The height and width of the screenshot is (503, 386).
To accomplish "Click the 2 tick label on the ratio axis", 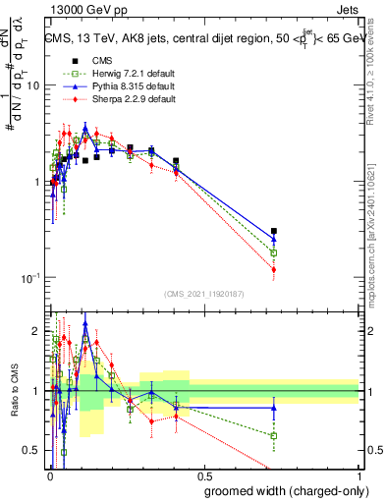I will pyautogui.click(x=37, y=329).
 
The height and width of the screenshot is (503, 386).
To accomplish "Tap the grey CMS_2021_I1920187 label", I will pyautogui.click(x=203, y=293).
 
